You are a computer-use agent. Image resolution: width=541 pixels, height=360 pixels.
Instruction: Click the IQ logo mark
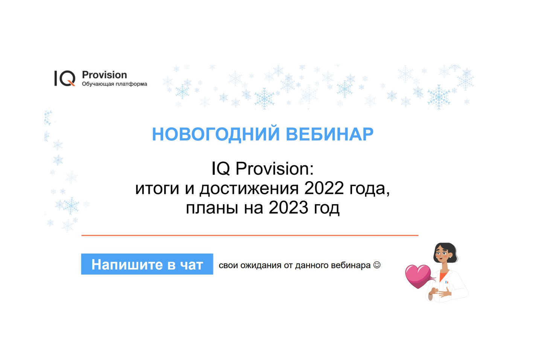(65, 78)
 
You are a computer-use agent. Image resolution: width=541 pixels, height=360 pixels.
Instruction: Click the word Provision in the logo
(104, 75)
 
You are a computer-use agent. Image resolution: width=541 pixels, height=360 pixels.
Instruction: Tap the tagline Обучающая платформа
(114, 84)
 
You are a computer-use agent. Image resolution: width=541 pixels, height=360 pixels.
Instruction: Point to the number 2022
(324, 188)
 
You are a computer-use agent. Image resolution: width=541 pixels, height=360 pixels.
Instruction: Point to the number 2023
(288, 207)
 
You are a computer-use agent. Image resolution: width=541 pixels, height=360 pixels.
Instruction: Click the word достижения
(249, 189)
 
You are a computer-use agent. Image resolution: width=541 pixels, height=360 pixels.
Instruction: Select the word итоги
(157, 189)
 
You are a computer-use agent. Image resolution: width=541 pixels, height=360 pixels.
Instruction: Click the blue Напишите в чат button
(147, 264)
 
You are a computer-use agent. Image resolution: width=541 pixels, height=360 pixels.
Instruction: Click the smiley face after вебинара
(377, 265)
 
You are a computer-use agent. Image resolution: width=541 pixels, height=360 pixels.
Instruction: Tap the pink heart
(418, 276)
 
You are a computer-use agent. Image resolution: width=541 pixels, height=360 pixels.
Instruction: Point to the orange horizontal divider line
(250, 235)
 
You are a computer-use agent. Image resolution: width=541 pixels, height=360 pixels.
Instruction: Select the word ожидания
(261, 265)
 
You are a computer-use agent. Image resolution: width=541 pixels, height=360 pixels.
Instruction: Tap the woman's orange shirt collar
(443, 276)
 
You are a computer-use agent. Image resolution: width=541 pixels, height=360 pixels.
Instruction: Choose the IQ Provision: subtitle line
(262, 168)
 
